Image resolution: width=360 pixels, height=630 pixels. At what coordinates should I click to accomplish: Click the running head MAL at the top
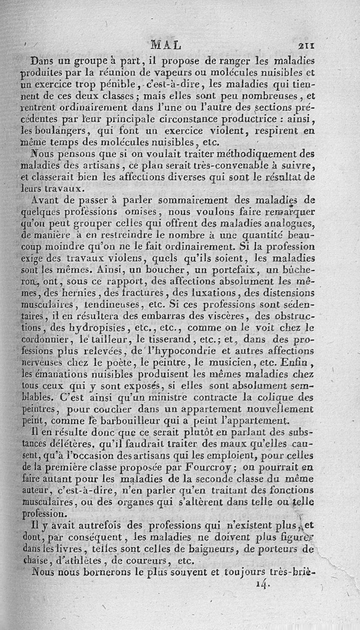pos(166,45)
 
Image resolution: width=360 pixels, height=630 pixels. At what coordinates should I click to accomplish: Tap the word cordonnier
pos(41,338)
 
